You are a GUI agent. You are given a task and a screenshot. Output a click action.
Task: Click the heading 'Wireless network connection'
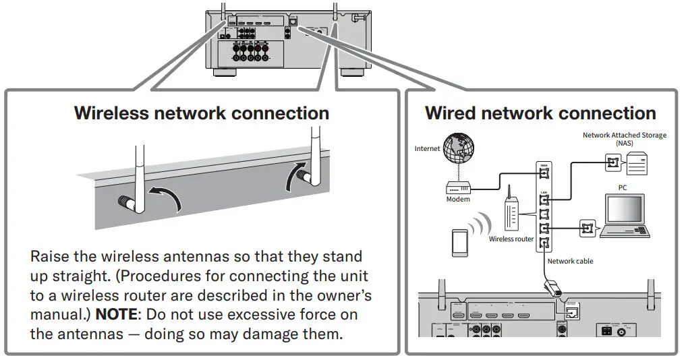click(202, 113)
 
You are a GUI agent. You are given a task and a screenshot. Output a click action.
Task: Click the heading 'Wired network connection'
click(540, 113)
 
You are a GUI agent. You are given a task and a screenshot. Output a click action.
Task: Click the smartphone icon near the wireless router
click(461, 241)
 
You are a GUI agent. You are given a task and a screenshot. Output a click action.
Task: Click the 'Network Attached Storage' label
click(624, 136)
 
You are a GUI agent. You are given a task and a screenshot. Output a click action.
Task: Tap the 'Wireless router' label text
click(511, 239)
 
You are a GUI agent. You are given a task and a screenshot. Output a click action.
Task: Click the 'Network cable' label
click(570, 261)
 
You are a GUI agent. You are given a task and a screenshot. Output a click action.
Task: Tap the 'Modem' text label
click(458, 200)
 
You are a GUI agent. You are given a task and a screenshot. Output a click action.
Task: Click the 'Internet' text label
click(428, 148)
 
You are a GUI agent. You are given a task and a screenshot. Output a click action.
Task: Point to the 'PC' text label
click(623, 187)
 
